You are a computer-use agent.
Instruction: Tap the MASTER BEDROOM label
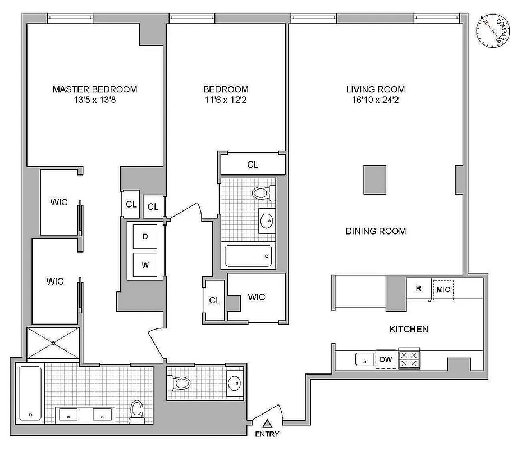95,89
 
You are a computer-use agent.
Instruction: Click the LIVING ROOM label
375,89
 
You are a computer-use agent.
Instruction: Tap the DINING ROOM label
376,231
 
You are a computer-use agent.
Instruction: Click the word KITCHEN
409,329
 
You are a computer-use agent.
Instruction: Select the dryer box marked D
145,237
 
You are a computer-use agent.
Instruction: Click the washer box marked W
145,264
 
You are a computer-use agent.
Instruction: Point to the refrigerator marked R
418,289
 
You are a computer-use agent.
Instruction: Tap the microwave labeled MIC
442,289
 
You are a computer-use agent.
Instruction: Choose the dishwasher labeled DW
386,359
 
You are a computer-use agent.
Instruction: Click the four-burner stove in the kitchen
409,359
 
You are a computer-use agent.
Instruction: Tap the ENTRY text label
267,434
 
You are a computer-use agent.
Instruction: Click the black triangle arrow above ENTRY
268,424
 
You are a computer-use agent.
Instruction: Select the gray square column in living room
374,179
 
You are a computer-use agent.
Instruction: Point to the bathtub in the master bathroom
30,393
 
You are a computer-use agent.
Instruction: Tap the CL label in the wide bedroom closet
253,164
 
